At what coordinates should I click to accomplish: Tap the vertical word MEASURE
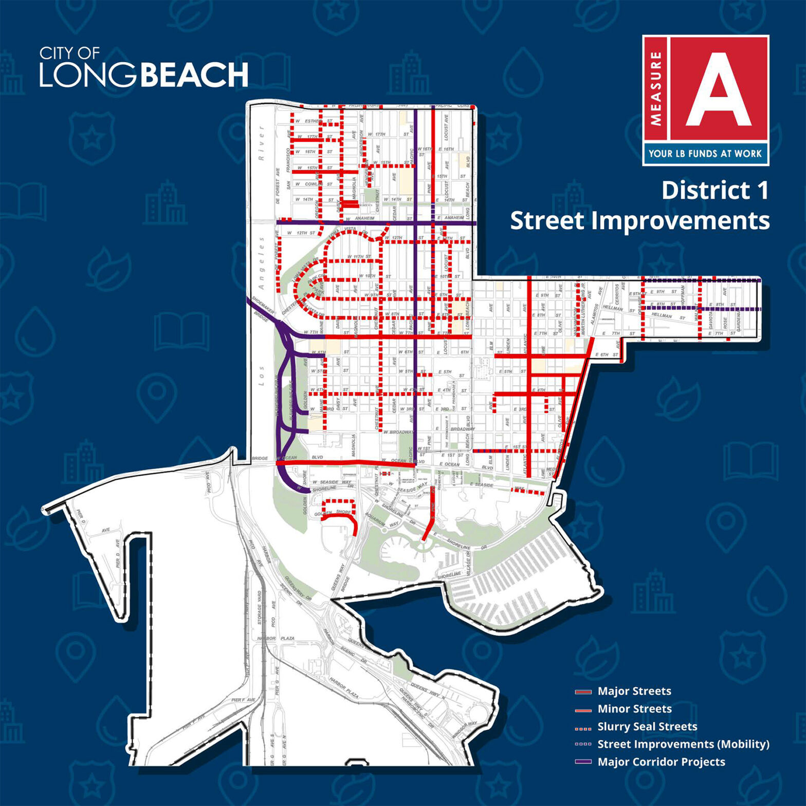point(656,88)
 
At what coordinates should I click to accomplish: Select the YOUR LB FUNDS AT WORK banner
point(705,153)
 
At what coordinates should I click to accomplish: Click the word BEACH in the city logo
point(194,75)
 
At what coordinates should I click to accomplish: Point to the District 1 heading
point(715,191)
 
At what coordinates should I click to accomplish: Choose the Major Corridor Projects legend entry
point(661,762)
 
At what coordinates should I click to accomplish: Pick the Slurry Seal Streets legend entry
point(647,726)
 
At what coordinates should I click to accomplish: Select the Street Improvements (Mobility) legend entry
point(683,744)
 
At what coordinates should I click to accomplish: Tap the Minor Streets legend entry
point(634,709)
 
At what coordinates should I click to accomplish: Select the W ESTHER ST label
point(314,122)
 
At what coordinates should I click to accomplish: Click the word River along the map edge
point(262,144)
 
